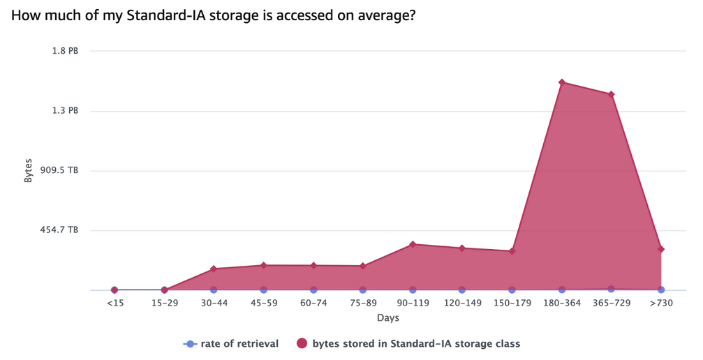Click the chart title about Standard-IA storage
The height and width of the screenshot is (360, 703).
point(214,15)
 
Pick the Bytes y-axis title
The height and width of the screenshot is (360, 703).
point(29,170)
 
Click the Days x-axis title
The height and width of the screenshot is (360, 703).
point(387,318)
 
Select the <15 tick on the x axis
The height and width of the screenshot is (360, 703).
point(114,303)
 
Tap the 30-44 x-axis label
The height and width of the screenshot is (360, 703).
point(214,303)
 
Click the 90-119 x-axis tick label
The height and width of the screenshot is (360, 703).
point(412,303)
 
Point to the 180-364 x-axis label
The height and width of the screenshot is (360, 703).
point(561,303)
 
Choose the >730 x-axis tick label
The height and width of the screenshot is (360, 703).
point(660,303)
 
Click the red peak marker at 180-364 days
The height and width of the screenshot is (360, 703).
point(561,82)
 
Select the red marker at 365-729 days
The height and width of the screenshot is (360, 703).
point(611,94)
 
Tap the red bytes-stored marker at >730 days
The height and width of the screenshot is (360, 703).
point(660,249)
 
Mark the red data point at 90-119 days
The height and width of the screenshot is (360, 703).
point(412,244)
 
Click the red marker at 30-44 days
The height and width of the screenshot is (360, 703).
point(214,269)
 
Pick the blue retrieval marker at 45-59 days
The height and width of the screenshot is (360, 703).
point(263,290)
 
